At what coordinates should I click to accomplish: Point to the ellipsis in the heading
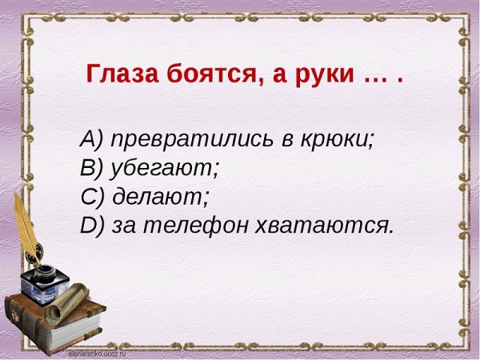[375, 78]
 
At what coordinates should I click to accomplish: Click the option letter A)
[92, 138]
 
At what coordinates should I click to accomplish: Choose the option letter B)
[92, 168]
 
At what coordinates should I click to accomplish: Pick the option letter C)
[92, 197]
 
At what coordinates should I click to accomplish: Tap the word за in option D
[124, 226]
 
